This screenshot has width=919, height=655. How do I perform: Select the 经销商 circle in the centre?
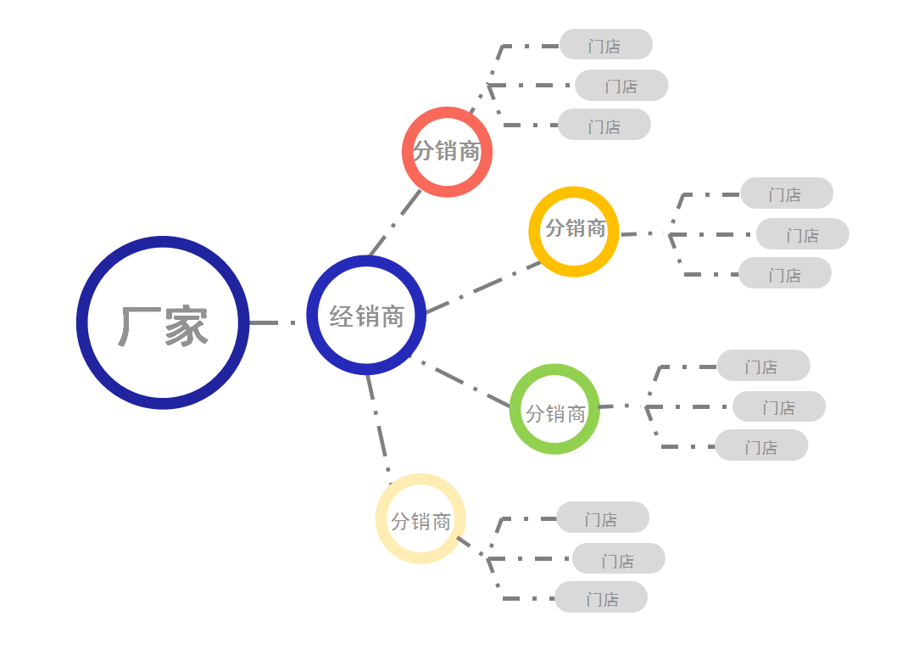pos(366,316)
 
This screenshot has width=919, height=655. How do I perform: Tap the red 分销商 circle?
pos(447,152)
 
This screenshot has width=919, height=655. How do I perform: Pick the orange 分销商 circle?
pos(574,231)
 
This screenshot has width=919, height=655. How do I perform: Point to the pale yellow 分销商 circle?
pos(421,518)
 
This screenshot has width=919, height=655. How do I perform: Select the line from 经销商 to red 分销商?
pos(395,223)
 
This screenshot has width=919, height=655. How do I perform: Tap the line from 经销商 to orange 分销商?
pos(482,288)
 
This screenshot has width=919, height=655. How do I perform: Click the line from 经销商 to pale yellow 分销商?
pos(378,424)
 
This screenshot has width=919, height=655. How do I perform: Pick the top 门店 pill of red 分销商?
pos(606,45)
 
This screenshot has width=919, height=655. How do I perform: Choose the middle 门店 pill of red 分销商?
pos(621,86)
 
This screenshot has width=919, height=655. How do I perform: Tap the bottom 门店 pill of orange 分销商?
pos(785,273)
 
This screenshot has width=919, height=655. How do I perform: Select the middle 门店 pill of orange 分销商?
pos(803,234)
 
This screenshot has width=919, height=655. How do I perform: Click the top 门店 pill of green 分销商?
pos(763,366)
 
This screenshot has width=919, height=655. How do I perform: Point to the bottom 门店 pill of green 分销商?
pos(761,445)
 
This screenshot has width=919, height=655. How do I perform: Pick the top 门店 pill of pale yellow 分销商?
pos(603,518)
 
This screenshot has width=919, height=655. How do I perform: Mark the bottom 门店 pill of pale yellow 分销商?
pos(601,597)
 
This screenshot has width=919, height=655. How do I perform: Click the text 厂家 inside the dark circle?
pos(163,327)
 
